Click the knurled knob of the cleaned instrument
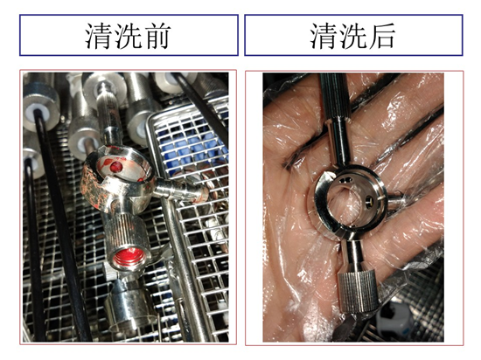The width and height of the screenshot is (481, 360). coord(358,292)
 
